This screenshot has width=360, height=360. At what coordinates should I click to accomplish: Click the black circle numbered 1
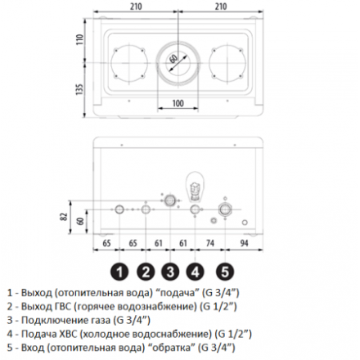119,272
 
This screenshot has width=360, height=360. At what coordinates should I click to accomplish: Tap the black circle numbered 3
170,272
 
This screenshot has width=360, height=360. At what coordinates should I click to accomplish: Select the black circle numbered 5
225,272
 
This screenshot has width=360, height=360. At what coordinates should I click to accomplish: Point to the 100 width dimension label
178,103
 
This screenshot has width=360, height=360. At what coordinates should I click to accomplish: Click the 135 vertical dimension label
79,89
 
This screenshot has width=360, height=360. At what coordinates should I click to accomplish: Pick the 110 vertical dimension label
79,40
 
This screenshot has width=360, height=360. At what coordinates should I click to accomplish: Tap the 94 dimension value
244,243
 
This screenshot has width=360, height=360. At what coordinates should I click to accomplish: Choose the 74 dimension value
210,243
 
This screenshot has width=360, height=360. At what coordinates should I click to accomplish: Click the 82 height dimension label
65,217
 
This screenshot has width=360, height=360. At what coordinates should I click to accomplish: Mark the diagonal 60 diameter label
173,59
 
